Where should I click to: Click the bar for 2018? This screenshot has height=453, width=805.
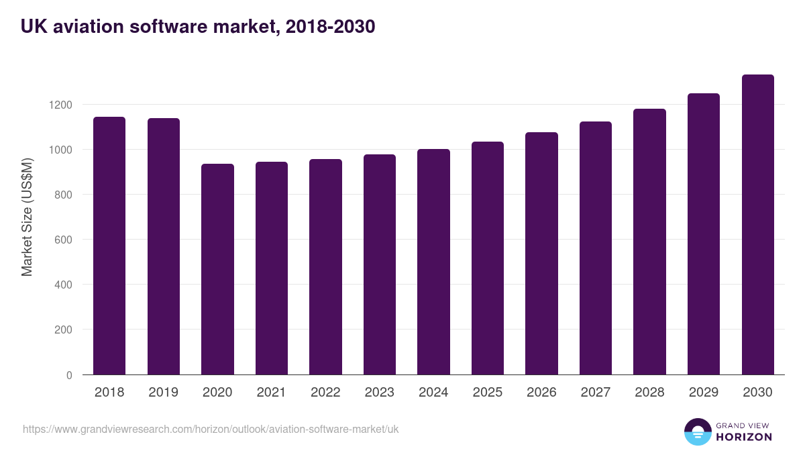click(x=109, y=246)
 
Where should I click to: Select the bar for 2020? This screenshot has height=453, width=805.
click(x=217, y=269)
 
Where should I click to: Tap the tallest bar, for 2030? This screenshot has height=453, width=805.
click(x=757, y=225)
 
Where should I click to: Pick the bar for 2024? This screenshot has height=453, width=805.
click(x=433, y=262)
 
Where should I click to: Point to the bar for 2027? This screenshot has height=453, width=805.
click(x=595, y=248)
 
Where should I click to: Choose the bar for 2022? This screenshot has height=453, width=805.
click(x=325, y=267)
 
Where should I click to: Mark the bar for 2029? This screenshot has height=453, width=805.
click(x=703, y=234)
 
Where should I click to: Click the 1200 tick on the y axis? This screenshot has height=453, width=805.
click(x=60, y=105)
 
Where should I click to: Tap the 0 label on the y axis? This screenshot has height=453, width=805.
click(x=69, y=375)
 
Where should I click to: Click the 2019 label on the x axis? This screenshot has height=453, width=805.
click(x=163, y=393)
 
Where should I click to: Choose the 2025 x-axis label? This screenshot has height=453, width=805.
click(x=487, y=393)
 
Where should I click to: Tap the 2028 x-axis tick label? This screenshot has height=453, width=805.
click(x=649, y=393)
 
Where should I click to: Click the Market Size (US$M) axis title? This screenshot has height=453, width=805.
click(x=28, y=217)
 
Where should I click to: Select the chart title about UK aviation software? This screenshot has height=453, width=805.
click(x=198, y=27)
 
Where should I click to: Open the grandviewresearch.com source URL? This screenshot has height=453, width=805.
click(x=211, y=429)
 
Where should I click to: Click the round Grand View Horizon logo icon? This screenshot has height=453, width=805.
click(x=697, y=432)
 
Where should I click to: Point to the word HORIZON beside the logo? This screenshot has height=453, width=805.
click(x=744, y=437)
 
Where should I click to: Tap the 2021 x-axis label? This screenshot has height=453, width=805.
click(x=271, y=393)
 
